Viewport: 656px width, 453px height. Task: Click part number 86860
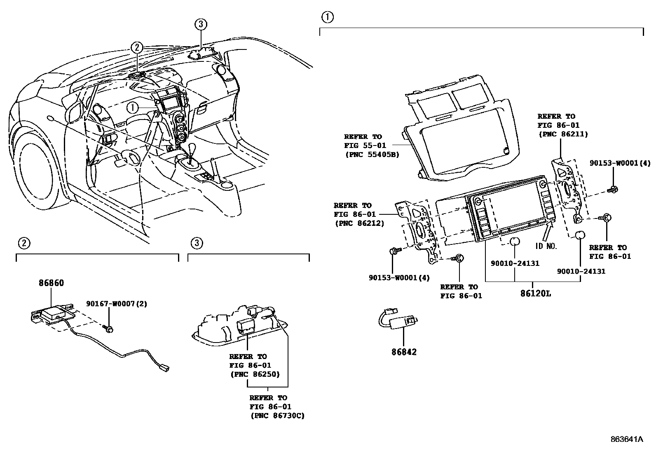(x=51, y=283)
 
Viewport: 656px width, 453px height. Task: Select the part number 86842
(x=404, y=352)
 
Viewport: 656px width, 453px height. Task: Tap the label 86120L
(x=535, y=294)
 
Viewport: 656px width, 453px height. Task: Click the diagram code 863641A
(x=627, y=439)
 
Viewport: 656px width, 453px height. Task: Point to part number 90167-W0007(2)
(x=116, y=304)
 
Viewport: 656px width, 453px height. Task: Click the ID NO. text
(x=546, y=246)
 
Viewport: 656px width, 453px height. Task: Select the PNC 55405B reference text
(x=372, y=155)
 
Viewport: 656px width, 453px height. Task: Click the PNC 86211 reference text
(x=562, y=134)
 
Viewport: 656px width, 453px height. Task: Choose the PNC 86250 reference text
(x=254, y=374)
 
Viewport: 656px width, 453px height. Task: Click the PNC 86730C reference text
(x=277, y=415)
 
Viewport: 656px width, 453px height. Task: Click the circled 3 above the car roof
(x=200, y=24)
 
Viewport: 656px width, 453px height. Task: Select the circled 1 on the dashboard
(x=133, y=108)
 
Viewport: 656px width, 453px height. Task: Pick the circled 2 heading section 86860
(x=23, y=243)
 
